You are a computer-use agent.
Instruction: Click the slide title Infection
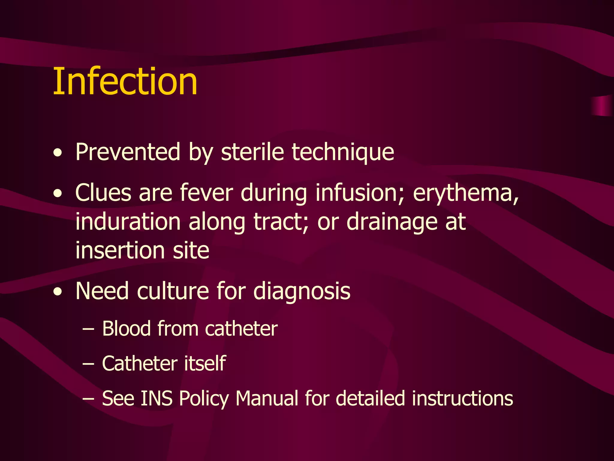pyautogui.click(x=125, y=81)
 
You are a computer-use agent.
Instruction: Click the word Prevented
pyautogui.click(x=128, y=152)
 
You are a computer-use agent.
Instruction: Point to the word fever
pyautogui.click(x=206, y=193)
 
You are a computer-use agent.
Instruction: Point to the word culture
pyautogui.click(x=173, y=291)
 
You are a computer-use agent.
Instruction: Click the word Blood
pyautogui.click(x=126, y=329)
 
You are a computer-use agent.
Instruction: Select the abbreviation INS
pyautogui.click(x=156, y=399)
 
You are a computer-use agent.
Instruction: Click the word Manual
pyautogui.click(x=267, y=399)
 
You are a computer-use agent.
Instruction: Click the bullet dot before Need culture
pyautogui.click(x=58, y=292)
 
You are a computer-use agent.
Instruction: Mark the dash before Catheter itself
pyautogui.click(x=88, y=364)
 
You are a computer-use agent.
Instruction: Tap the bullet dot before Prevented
pyautogui.click(x=58, y=153)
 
